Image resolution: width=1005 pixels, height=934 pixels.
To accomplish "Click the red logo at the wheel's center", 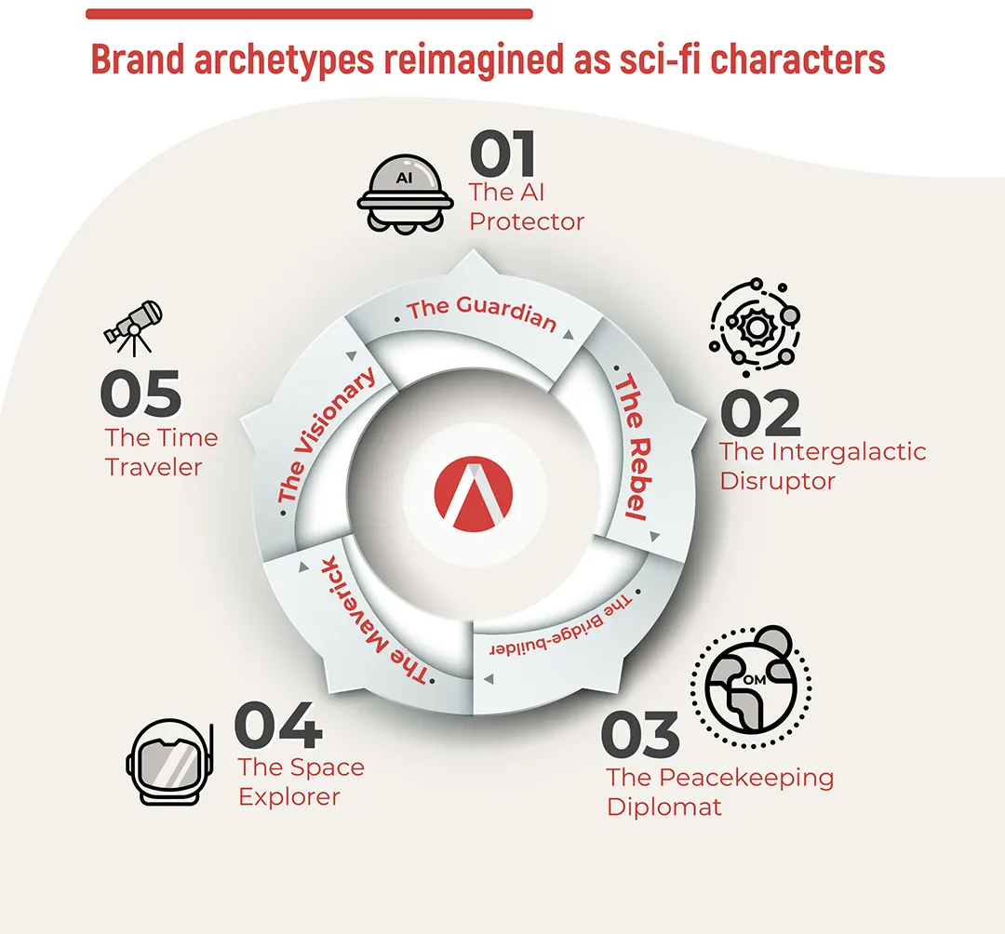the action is [473, 494].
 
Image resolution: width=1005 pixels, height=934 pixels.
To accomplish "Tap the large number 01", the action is [502, 153].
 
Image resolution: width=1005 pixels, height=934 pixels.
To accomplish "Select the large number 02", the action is [760, 412].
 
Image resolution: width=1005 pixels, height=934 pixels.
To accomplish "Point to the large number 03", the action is [640, 734].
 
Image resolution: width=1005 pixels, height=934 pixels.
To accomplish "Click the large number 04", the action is [278, 725].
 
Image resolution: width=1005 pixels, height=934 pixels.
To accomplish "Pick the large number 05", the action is [141, 394].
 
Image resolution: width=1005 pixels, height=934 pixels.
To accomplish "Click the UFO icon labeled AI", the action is [405, 194].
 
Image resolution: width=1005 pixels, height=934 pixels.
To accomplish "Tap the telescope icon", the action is [133, 327].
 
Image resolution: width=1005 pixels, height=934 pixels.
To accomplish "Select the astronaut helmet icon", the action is [170, 762].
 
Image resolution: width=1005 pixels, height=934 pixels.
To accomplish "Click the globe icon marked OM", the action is [751, 687].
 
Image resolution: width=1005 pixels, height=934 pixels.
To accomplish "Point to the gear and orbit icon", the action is [755, 327].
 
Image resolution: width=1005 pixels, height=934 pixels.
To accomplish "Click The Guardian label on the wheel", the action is [482, 314].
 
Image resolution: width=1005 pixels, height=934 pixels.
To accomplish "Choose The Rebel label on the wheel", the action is [634, 447].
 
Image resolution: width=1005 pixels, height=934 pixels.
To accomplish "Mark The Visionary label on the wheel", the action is [327, 435].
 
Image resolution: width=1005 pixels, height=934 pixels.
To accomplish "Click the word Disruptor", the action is [777, 482].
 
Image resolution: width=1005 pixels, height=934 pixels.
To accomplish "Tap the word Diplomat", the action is [664, 807].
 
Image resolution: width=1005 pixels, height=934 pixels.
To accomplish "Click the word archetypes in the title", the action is [284, 60].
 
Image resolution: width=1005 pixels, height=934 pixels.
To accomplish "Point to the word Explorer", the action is [289, 797].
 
